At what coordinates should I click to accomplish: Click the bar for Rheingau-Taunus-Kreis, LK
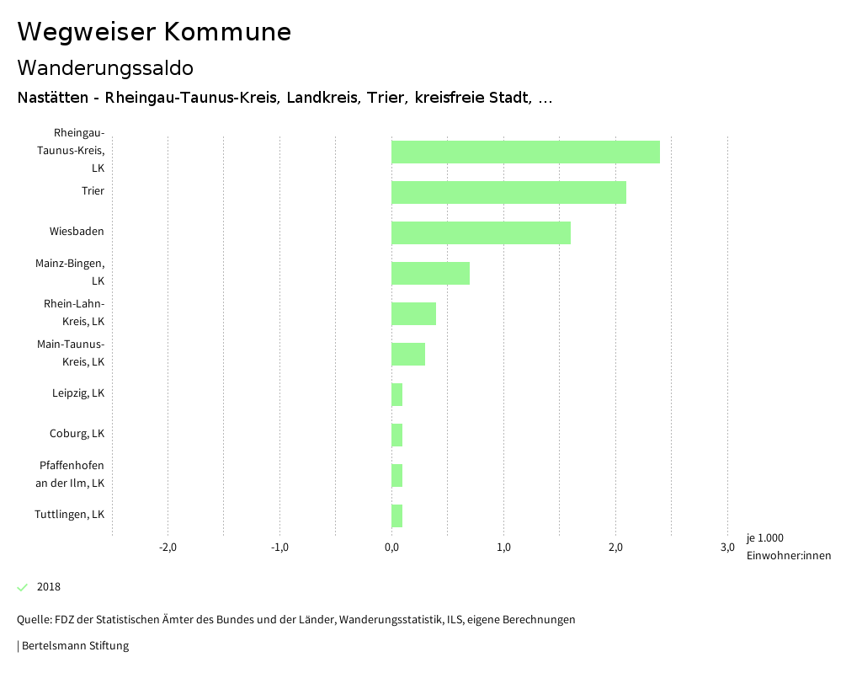pyautogui.click(x=525, y=152)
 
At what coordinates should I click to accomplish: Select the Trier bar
pyautogui.click(x=508, y=192)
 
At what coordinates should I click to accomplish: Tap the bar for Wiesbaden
pyautogui.click(x=481, y=232)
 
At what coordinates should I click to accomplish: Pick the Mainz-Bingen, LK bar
pyautogui.click(x=430, y=273)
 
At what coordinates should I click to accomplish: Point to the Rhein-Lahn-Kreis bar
pyautogui.click(x=413, y=313)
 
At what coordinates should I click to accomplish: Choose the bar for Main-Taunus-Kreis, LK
pyautogui.click(x=408, y=354)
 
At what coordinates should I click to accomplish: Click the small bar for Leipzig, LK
pyautogui.click(x=397, y=394)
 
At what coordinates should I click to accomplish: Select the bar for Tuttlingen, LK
pyautogui.click(x=397, y=515)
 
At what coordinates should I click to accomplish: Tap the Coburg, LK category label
pyautogui.click(x=77, y=434)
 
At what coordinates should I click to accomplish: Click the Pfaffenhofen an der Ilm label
pyautogui.click(x=72, y=474)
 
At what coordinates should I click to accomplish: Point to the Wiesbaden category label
pyautogui.click(x=77, y=232)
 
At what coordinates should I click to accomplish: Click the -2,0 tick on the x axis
pyautogui.click(x=168, y=547)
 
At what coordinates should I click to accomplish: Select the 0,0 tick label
pyautogui.click(x=391, y=547)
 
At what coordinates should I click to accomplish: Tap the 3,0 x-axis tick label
pyautogui.click(x=727, y=547)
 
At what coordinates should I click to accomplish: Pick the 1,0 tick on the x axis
pyautogui.click(x=503, y=547)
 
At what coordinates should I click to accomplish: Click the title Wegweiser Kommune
pyautogui.click(x=154, y=32)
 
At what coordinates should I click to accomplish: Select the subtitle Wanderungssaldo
pyautogui.click(x=105, y=67)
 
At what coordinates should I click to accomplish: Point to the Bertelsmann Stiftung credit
pyautogui.click(x=74, y=646)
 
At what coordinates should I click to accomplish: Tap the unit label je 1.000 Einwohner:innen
pyautogui.click(x=788, y=547)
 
